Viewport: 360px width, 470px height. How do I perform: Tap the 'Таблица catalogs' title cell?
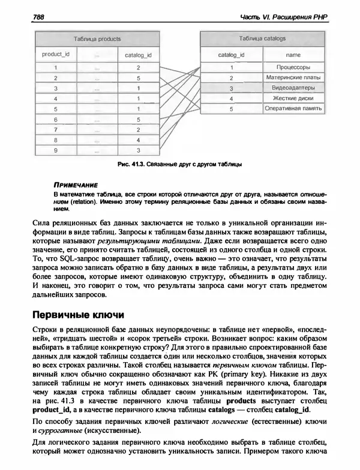(x=262, y=38)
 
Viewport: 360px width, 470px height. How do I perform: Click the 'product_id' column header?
(x=55, y=54)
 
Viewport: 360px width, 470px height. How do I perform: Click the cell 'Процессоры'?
(x=290, y=67)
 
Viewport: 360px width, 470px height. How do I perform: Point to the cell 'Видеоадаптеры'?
(x=290, y=88)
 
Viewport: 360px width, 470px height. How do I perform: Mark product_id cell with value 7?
(x=55, y=129)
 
